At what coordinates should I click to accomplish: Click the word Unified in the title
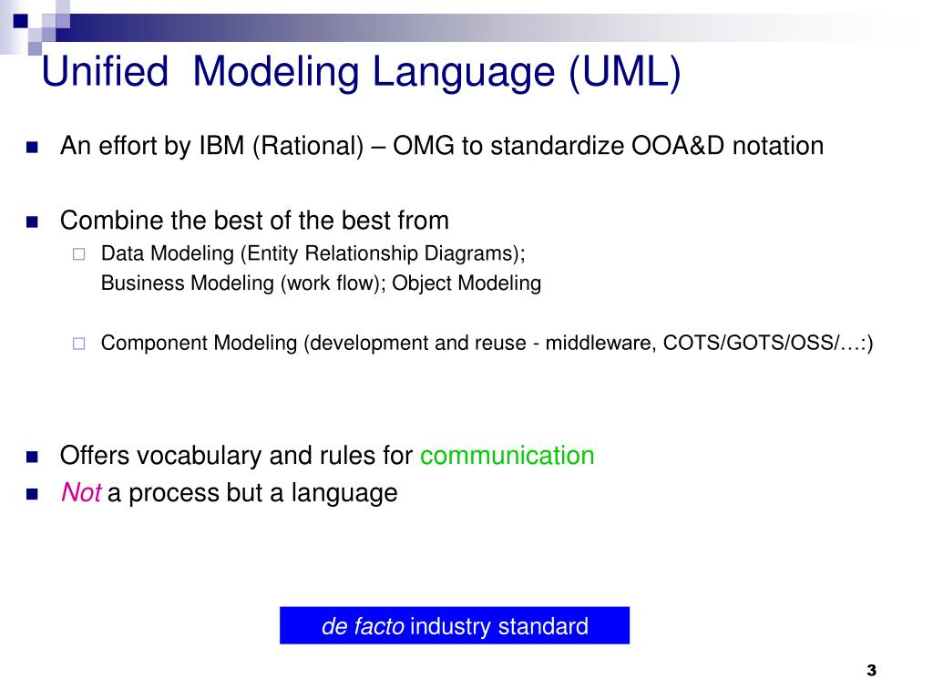click(105, 71)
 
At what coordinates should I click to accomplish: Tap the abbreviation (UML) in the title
click(625, 73)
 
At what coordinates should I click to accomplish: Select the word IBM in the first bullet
click(221, 146)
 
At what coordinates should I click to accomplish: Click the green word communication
click(507, 456)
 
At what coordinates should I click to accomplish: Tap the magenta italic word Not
click(81, 493)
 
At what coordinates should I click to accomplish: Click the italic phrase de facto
click(363, 626)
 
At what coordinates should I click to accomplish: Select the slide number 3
click(872, 671)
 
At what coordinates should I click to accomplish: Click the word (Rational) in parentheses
click(308, 147)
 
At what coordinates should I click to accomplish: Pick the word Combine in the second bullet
click(111, 221)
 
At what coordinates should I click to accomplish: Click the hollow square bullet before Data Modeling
click(78, 255)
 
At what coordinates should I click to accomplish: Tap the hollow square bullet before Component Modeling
click(78, 344)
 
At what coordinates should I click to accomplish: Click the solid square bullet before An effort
click(32, 147)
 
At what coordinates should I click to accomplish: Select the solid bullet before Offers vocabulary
click(32, 458)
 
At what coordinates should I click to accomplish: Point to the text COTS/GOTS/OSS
click(749, 343)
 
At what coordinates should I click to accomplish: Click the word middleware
click(601, 343)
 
